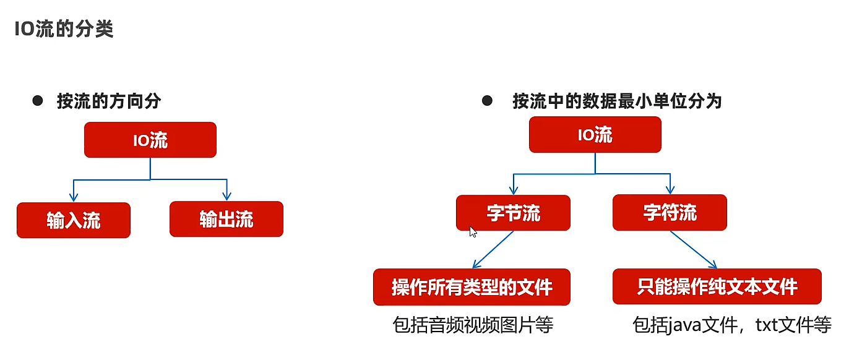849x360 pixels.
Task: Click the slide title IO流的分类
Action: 64,29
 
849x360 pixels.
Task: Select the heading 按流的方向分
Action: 109,101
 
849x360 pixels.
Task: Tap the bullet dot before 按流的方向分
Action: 38,100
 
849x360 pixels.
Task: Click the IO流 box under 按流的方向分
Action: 150,140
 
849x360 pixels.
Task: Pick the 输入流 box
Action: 74,220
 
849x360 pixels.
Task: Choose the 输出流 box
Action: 226,219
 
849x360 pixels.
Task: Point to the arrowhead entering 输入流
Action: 74,197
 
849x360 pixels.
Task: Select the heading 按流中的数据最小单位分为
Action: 617,101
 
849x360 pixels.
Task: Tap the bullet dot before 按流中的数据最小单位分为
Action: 487,100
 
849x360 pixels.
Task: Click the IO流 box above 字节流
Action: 595,135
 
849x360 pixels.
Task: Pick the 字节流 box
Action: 513,213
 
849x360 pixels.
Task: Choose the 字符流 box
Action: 670,213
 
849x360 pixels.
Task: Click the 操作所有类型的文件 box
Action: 472,287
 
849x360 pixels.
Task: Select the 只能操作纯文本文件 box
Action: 717,286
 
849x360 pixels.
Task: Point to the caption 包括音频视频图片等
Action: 472,325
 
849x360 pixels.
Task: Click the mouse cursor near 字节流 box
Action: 473,232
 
